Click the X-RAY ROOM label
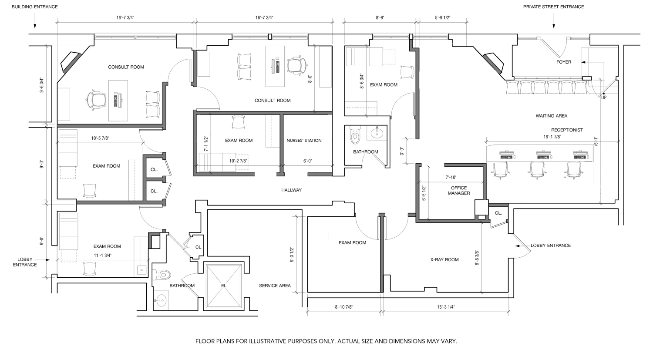pos(444,259)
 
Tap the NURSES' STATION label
pos(304,140)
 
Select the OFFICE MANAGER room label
pos(459,191)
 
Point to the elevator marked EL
pos(224,286)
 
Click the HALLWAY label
pos(291,190)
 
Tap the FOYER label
pos(563,62)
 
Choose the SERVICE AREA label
pos(275,286)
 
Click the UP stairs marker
pos(604,98)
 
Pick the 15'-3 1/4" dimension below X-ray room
pos(446,307)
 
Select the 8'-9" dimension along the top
pos(380,17)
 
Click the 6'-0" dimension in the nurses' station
pos(307,161)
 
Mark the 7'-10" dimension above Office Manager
pos(451,177)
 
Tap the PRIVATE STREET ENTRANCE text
pos(553,7)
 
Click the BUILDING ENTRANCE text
pos(35,7)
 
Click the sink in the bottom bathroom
pos(160,299)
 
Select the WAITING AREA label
pos(551,116)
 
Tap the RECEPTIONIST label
pos(567,130)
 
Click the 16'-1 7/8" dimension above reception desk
pos(552,137)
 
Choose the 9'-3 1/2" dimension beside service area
pos(292,255)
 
